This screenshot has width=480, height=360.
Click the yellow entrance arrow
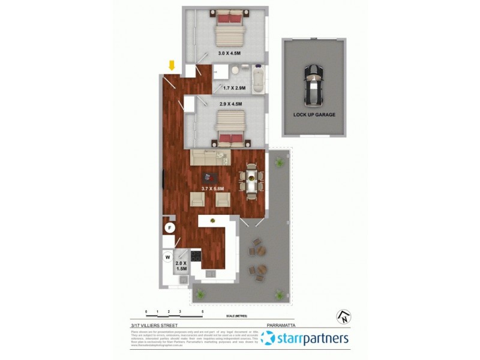point(172,65)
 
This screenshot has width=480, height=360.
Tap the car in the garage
point(313,85)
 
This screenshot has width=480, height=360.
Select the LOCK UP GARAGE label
point(314,115)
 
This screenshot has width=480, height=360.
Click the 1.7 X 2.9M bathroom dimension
point(234,89)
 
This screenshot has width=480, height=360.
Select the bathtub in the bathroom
point(257,80)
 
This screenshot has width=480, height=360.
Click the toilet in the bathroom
point(236,71)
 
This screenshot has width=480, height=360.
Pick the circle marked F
point(170,228)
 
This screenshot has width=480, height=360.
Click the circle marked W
point(167,258)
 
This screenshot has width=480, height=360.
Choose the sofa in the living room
point(209,158)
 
